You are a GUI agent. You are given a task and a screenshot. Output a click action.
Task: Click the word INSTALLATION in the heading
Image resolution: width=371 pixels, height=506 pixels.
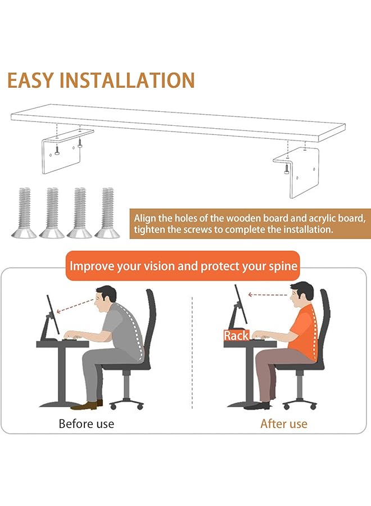[135, 80]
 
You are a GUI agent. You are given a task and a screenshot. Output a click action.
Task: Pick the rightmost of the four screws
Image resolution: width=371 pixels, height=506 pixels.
[108, 213]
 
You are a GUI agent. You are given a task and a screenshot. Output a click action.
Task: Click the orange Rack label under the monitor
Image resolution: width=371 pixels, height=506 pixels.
[236, 336]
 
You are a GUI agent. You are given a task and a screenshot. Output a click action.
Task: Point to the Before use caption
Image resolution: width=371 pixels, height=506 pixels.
[86, 423]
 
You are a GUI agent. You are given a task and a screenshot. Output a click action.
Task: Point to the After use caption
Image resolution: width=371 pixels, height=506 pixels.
[284, 423]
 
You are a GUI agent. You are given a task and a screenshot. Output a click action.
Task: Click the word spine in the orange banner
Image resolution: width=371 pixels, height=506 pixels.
[279, 265]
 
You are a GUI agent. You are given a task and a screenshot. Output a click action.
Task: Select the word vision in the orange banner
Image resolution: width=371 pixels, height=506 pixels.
[155, 265]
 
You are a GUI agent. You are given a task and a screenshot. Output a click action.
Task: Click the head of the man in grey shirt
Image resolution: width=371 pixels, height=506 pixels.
[105, 300]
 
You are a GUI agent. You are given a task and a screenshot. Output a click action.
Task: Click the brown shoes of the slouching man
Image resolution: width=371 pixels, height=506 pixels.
[87, 404]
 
